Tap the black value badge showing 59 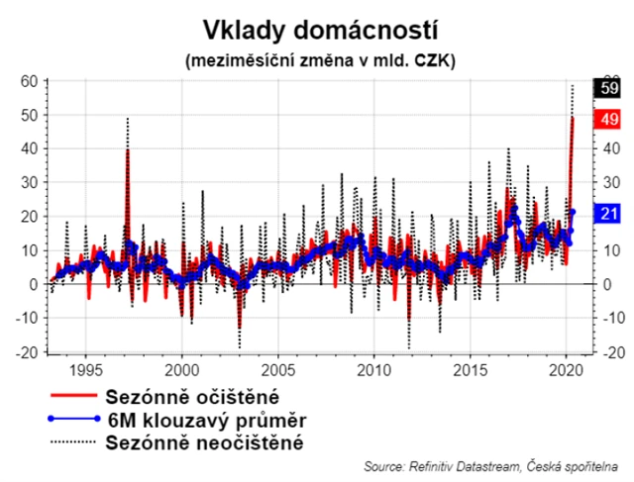point(606,88)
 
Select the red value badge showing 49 point(606,119)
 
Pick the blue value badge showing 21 point(606,213)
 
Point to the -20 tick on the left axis point(27,351)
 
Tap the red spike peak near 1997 point(127,150)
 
